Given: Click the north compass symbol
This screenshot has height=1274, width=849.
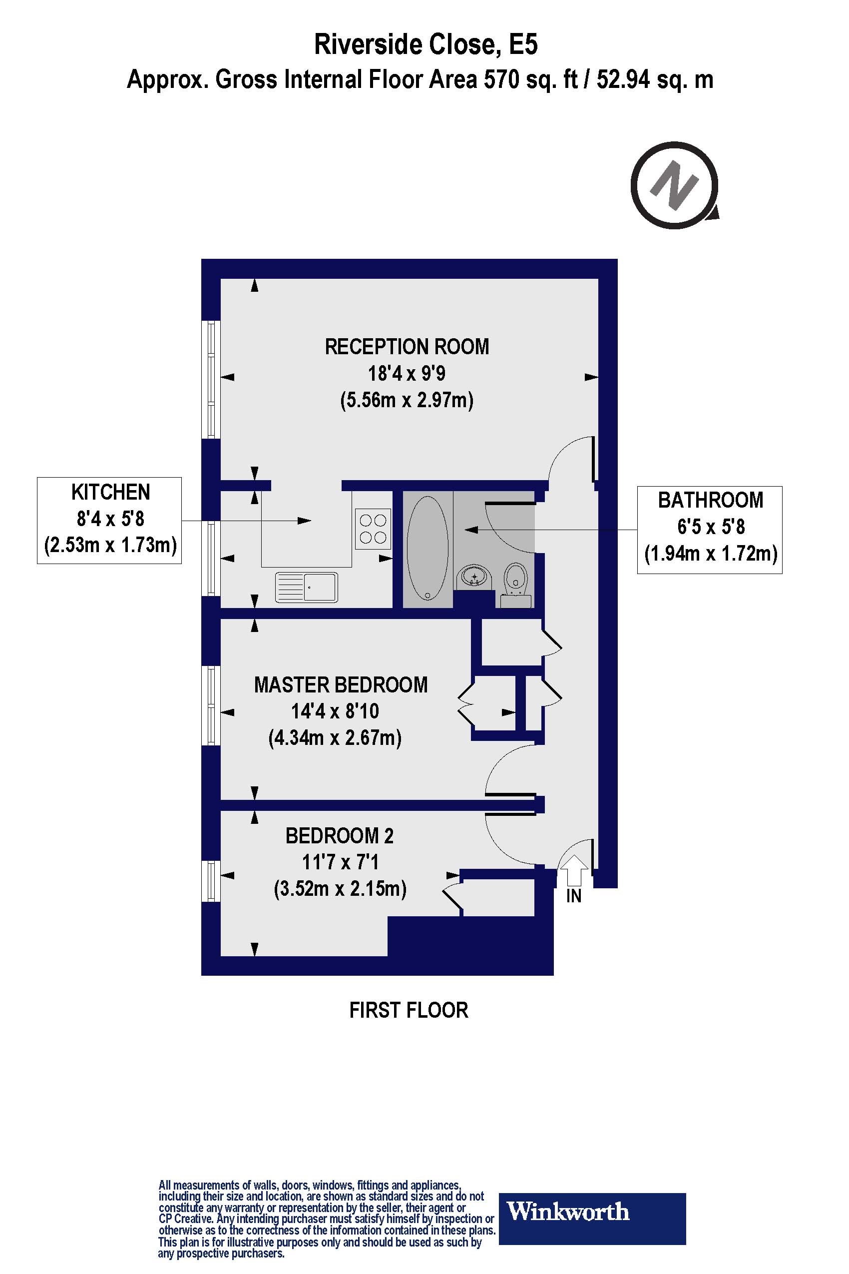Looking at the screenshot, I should point(675,186).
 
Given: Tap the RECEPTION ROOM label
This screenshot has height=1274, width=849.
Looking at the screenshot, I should point(407,347).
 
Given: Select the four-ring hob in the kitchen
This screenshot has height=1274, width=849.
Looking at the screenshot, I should point(373,529).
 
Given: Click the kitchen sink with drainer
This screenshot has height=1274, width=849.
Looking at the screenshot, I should point(307,587).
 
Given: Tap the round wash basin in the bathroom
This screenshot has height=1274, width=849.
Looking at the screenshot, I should point(474,578).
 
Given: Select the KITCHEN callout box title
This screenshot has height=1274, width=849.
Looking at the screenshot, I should point(110,493).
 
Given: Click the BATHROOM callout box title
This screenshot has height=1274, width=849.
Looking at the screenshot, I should point(710,500).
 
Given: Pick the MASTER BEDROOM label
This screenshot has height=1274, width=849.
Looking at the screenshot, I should point(341,684).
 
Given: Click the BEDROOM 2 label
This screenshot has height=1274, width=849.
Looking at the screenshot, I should point(340,836).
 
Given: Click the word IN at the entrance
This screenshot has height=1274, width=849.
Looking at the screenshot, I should point(573,896).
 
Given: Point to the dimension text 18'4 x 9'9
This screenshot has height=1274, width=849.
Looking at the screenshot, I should point(407,374).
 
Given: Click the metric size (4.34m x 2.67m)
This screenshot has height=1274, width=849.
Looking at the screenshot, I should point(335,738).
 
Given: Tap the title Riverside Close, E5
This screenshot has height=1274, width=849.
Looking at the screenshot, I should point(425,44).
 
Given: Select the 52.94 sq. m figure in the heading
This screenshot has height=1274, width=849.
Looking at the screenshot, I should point(655,79).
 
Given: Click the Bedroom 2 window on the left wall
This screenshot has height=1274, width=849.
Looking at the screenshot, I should point(211,881).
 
